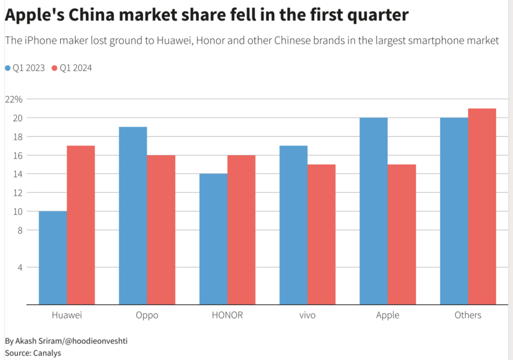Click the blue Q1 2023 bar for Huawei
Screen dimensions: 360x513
click(x=53, y=257)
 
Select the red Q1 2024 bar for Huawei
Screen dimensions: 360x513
click(x=81, y=225)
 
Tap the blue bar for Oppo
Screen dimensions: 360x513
click(x=133, y=215)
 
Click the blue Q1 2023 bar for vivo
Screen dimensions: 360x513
click(x=293, y=225)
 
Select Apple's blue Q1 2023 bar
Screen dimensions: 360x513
click(x=373, y=211)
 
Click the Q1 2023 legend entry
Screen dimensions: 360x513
click(x=25, y=68)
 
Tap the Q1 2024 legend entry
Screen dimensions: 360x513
click(x=72, y=68)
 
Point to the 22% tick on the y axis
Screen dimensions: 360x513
click(x=14, y=99)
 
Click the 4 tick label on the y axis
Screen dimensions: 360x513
click(x=21, y=267)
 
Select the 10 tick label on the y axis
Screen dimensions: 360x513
click(x=18, y=211)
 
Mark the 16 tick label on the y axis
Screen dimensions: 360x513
click(x=18, y=155)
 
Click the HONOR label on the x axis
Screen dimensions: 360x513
click(x=227, y=315)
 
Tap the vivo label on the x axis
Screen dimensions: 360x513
click(x=307, y=315)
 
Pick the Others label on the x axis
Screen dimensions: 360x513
click(x=468, y=315)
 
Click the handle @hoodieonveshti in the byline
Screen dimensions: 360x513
click(x=97, y=341)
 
